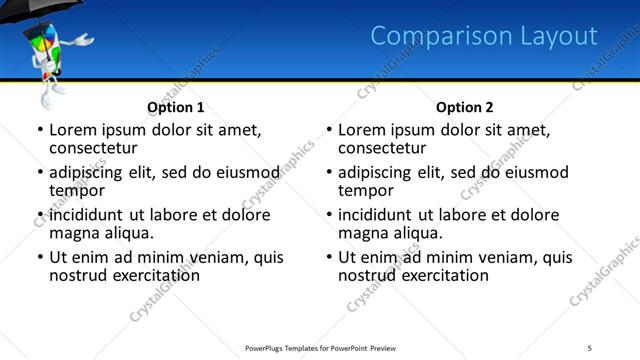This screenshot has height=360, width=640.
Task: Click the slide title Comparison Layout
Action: point(484,36)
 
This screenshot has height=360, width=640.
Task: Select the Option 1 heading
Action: point(176,107)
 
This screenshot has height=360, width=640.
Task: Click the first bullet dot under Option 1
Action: point(39,131)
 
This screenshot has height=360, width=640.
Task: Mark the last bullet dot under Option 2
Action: point(328,258)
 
